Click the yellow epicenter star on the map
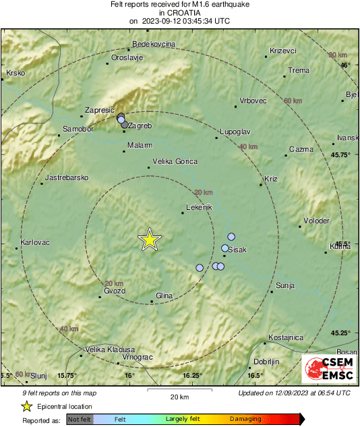150,239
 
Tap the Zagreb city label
142,126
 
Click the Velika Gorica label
175,161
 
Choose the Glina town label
164,295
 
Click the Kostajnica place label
286,337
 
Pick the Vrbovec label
253,101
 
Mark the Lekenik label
199,207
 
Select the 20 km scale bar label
179,396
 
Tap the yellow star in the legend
26,407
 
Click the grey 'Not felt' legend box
80,419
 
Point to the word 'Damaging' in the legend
245,419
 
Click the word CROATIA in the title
179,12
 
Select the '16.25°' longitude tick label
193,376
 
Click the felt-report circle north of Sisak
231,237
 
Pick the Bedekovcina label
154,44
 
